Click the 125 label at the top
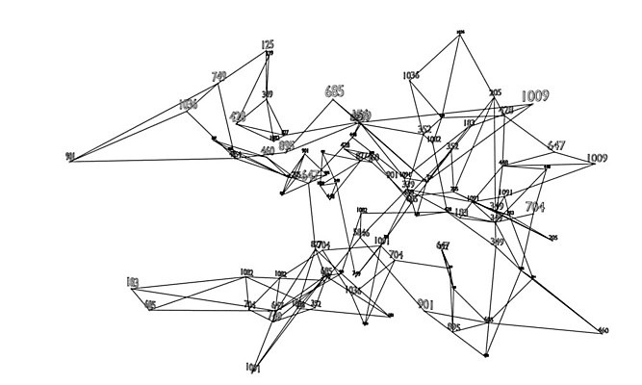click(x=268, y=44)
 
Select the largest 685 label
click(x=334, y=92)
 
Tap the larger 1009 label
click(x=534, y=96)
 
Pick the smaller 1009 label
click(x=597, y=158)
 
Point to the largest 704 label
click(x=535, y=207)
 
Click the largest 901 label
click(x=426, y=304)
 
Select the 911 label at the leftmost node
click(x=69, y=157)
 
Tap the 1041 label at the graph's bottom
click(x=253, y=367)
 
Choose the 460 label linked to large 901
click(x=603, y=331)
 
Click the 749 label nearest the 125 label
click(x=218, y=76)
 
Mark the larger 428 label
click(x=238, y=117)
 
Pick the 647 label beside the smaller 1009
click(x=556, y=146)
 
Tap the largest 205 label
click(x=496, y=93)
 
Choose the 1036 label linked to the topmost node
click(x=411, y=74)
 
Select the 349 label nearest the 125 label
click(x=267, y=94)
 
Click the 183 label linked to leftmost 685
click(x=132, y=283)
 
